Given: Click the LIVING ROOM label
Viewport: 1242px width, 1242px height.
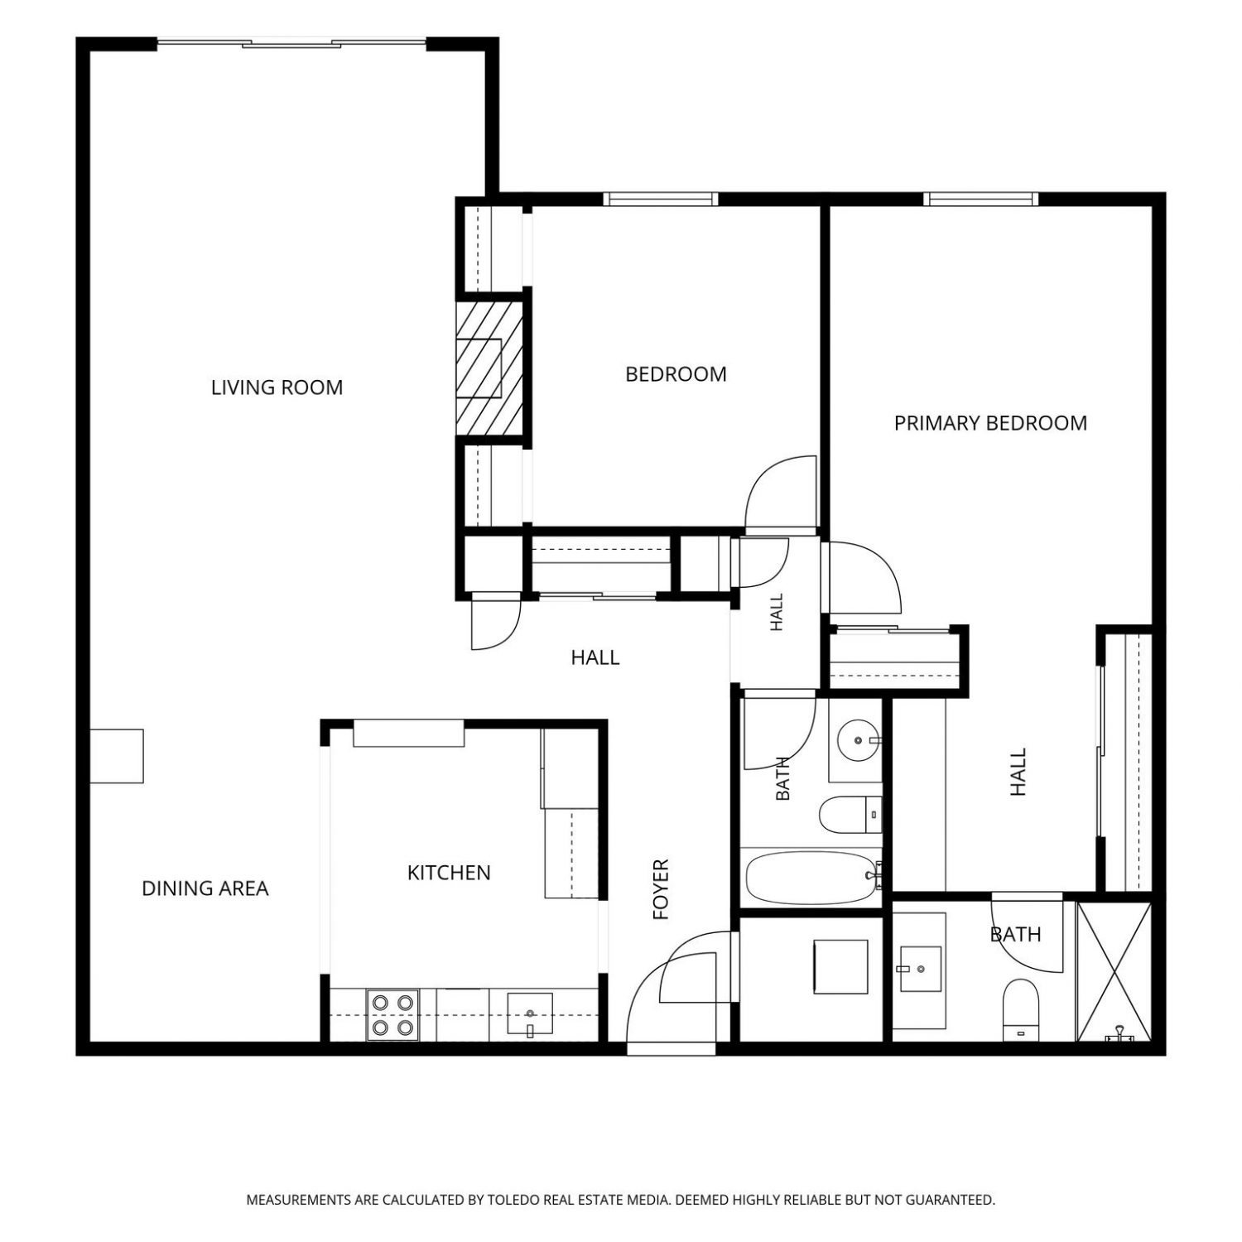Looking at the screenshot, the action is point(277,388).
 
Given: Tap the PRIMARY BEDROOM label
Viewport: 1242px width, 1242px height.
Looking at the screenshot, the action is point(990,423).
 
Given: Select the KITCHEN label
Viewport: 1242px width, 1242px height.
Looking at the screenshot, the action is point(449,873).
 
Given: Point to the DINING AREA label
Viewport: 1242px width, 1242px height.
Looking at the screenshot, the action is point(205,888).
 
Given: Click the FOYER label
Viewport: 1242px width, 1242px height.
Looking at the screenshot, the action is point(660,890).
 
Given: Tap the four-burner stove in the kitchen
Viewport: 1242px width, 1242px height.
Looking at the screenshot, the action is point(392,1015).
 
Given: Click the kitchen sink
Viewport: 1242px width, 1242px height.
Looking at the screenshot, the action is point(529,1014).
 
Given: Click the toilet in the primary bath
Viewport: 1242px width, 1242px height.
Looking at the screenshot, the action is point(1020,1009).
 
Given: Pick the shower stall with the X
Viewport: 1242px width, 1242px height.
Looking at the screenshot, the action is point(1114,971).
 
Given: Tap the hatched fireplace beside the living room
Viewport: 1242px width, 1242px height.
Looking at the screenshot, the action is point(489,368).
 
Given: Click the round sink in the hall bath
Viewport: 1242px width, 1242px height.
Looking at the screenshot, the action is point(857,740).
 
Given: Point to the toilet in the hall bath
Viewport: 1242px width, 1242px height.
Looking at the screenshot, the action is point(850,816).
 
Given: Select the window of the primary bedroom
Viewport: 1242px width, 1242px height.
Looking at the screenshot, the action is point(981,199).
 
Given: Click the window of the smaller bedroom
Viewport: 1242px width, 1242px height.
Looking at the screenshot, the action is point(660,199).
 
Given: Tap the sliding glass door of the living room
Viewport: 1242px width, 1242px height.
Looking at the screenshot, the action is point(291,42).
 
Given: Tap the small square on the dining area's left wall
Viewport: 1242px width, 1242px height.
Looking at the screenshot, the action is point(117,756).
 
